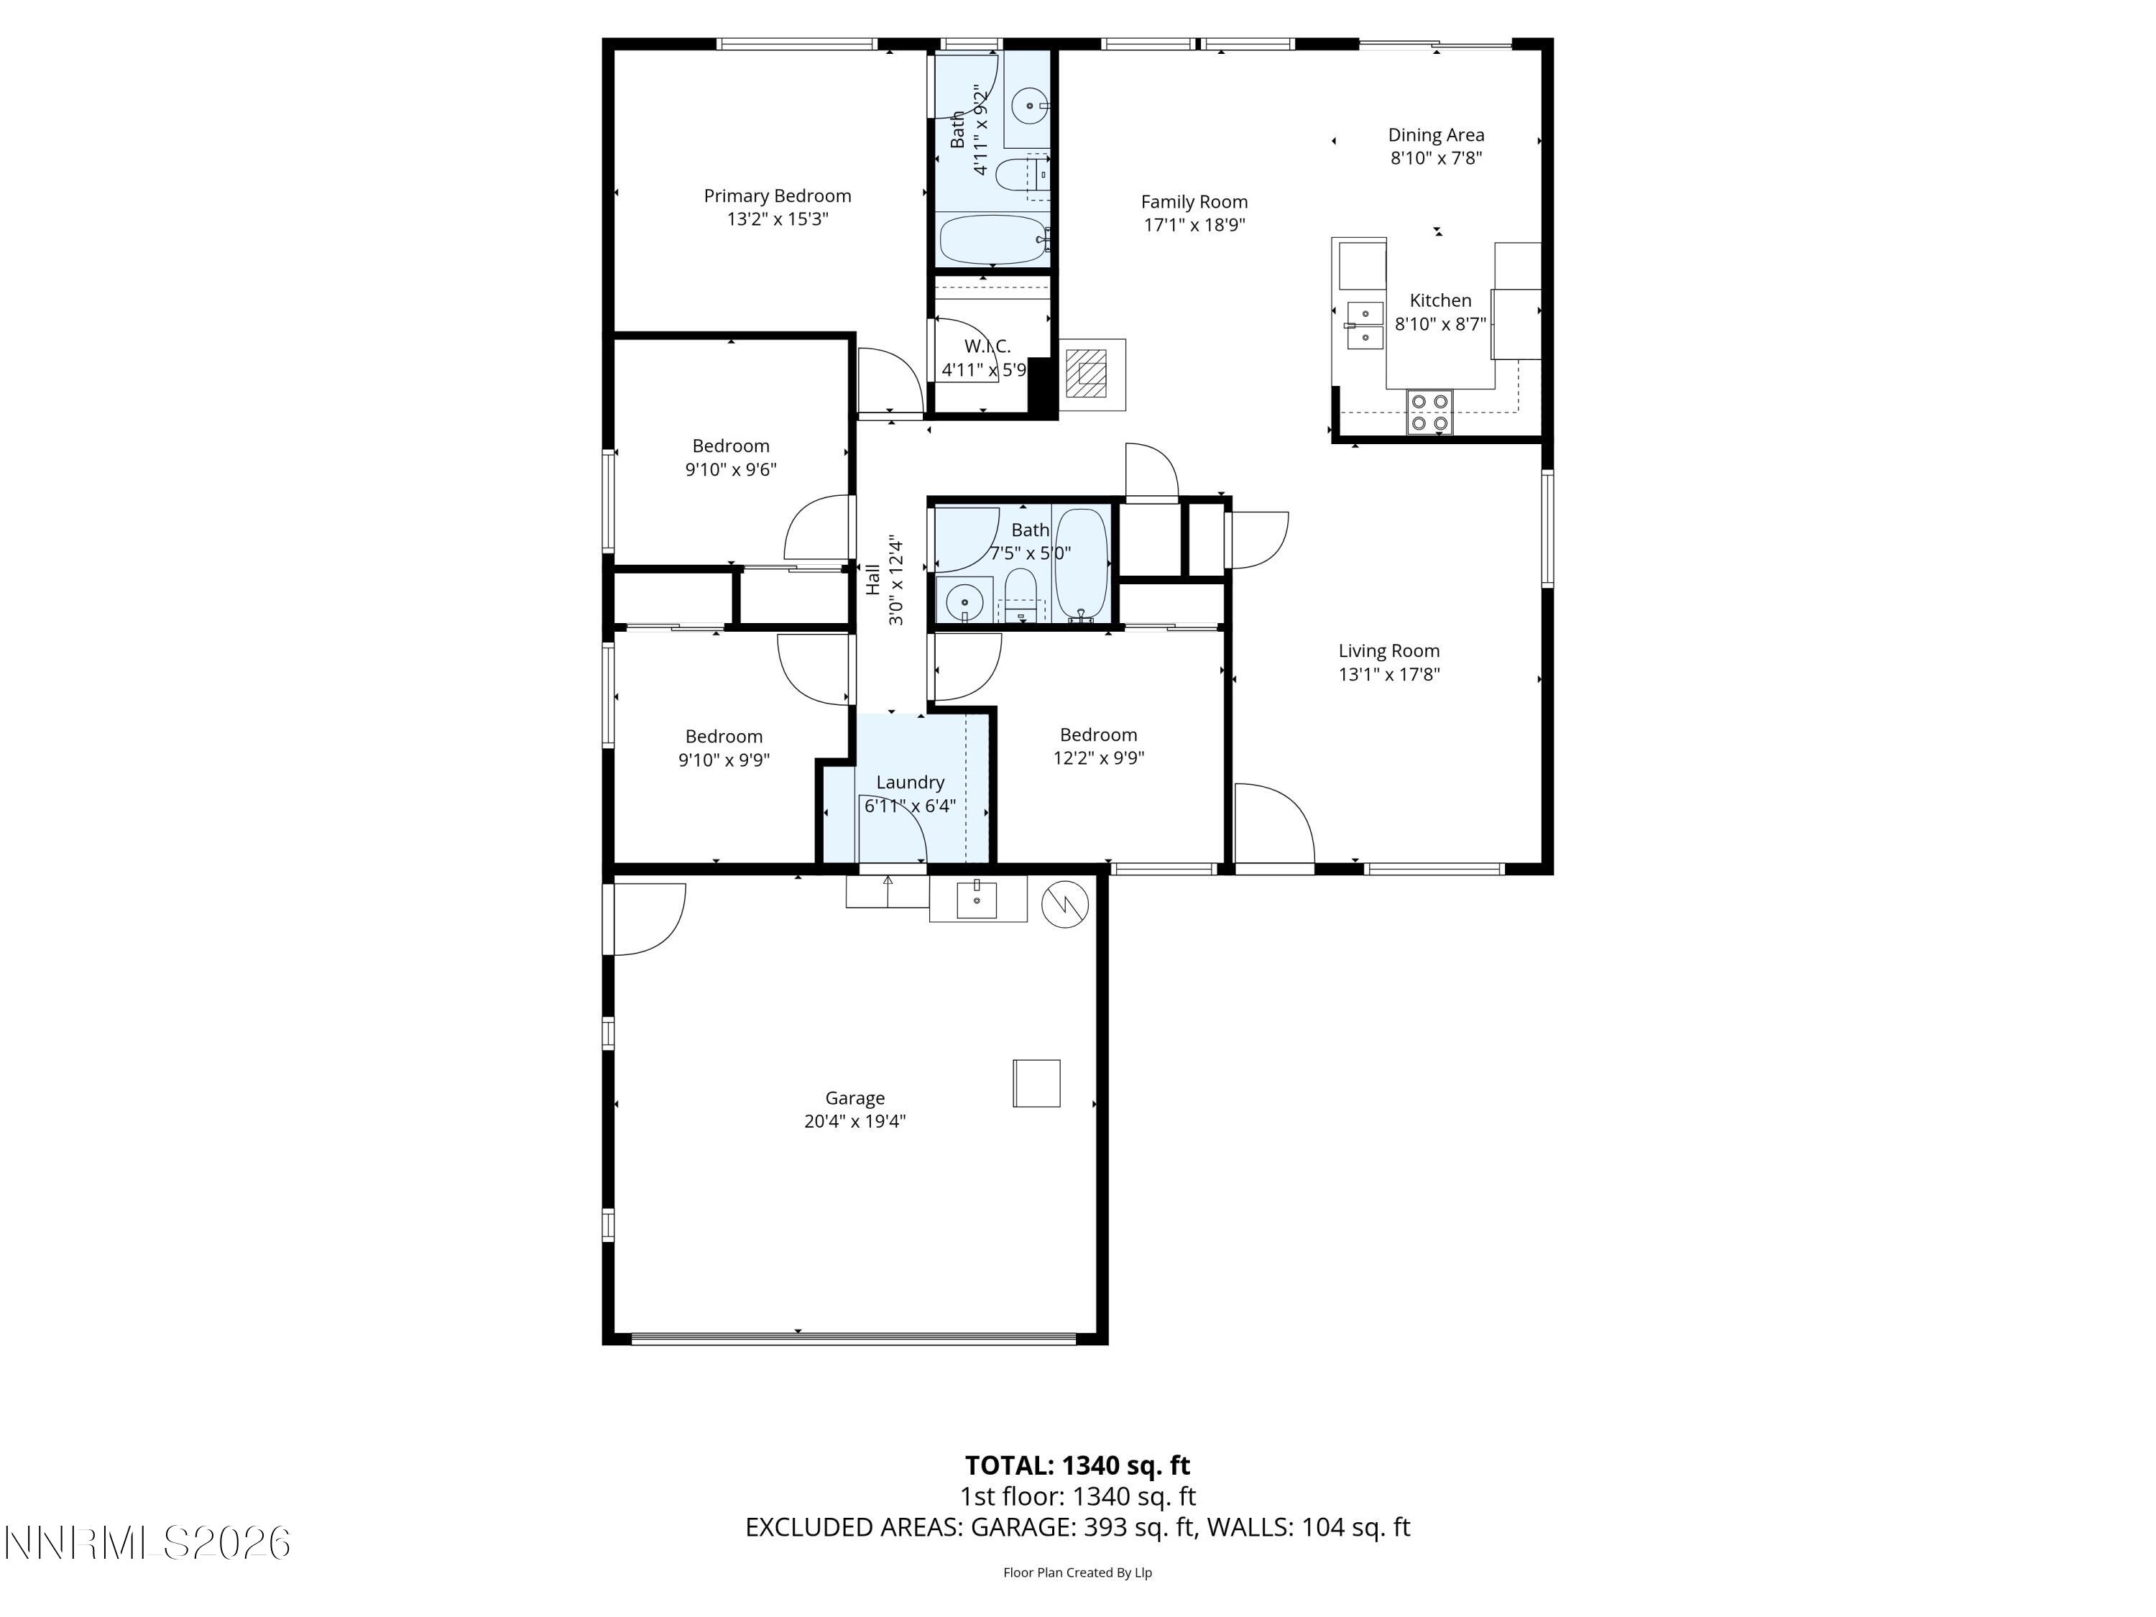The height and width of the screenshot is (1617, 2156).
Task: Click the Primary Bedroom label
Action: pos(777,196)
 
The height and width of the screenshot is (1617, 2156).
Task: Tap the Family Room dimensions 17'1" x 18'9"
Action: pos(1194,225)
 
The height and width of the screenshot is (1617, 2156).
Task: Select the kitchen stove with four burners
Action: pos(1429,411)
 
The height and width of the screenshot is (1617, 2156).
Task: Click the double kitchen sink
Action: pos(1365,325)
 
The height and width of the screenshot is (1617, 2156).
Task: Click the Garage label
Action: pos(854,1097)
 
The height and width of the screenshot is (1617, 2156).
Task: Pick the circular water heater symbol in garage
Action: pos(1065,905)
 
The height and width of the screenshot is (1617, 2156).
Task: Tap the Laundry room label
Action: pos(909,782)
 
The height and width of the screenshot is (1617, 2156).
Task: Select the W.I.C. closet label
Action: pos(987,346)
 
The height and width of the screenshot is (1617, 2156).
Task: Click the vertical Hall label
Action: pos(873,580)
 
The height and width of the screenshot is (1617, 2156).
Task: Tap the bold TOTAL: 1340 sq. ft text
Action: pos(1077,1465)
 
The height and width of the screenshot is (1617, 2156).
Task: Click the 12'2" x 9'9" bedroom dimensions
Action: pos(1098,758)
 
